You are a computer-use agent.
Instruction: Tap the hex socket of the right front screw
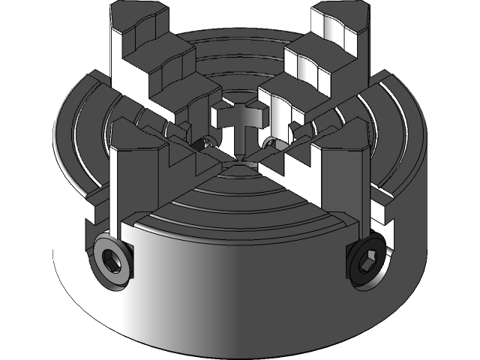point(367,263)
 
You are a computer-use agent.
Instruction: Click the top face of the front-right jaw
point(342,139)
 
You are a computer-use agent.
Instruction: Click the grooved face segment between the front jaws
point(240,199)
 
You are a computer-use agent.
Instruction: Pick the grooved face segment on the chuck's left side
point(82,142)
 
